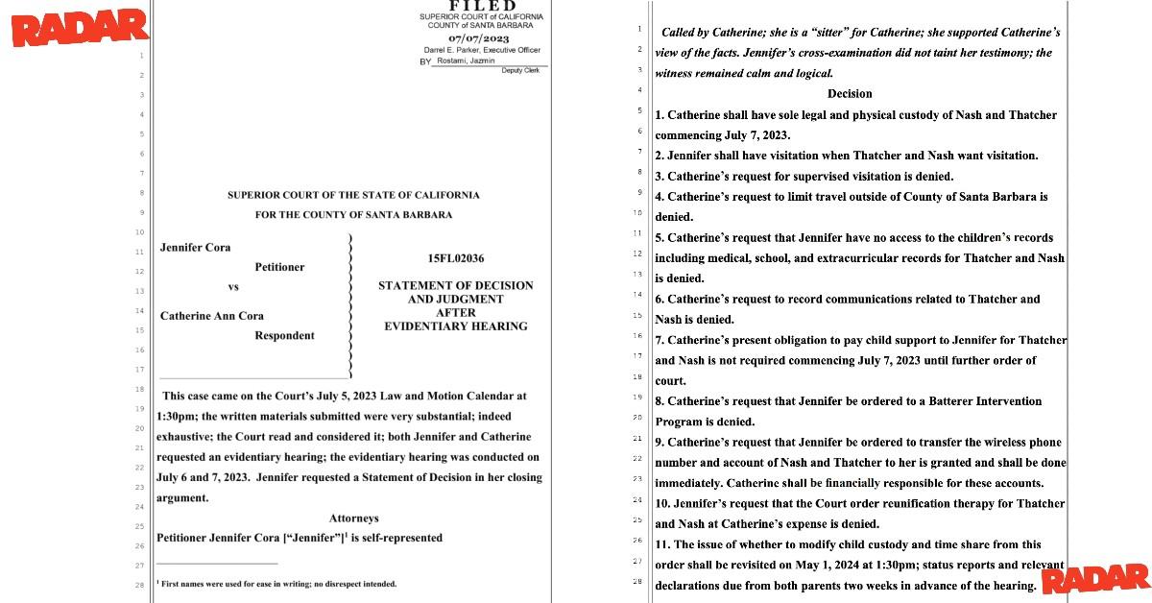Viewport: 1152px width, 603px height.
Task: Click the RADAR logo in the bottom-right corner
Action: click(x=1094, y=578)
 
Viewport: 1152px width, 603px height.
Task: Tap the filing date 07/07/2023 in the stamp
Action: click(x=482, y=38)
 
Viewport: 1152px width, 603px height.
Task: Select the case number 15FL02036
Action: click(x=456, y=258)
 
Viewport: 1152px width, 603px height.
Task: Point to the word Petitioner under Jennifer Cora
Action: click(x=279, y=267)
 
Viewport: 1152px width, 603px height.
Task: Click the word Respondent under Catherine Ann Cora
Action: click(x=284, y=336)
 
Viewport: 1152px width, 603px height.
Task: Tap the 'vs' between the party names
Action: click(x=233, y=287)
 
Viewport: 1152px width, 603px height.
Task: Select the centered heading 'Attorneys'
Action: click(x=353, y=519)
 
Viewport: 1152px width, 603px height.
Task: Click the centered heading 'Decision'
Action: click(x=850, y=94)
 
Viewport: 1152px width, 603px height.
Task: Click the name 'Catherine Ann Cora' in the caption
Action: click(x=211, y=316)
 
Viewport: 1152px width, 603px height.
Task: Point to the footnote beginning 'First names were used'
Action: click(x=278, y=584)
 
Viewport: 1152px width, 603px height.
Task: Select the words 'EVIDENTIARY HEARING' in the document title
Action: click(x=455, y=326)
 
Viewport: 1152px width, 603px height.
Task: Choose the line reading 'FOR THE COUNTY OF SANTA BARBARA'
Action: click(x=353, y=215)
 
